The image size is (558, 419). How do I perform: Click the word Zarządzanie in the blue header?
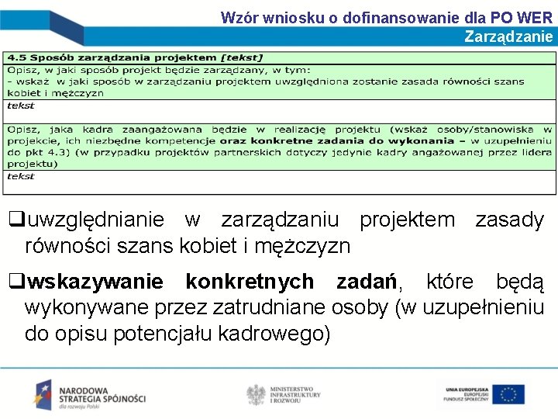(x=508, y=36)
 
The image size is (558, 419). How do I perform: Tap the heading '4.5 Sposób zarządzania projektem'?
(x=112, y=57)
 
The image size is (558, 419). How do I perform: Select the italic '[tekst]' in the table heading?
(x=242, y=57)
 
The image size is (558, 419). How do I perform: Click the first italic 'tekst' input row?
(x=21, y=106)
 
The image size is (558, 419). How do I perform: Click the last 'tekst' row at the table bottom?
(x=21, y=176)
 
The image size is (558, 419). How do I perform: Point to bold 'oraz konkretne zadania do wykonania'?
(x=336, y=141)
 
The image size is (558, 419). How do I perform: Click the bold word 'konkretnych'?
(x=250, y=282)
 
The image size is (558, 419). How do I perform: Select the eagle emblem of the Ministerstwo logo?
(x=256, y=394)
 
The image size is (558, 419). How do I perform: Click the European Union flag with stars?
(x=508, y=394)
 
